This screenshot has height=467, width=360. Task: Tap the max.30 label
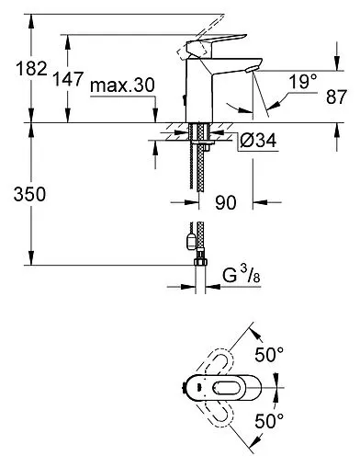click(x=122, y=85)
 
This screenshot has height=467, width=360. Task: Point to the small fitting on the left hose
click(x=189, y=242)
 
